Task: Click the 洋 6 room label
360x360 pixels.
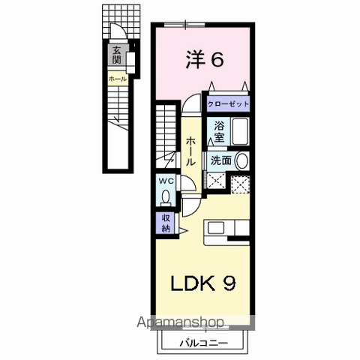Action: coord(204,60)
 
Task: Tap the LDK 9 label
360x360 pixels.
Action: coord(203,283)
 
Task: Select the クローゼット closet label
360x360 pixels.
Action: coord(228,104)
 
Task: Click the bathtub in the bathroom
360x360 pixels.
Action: coord(240,131)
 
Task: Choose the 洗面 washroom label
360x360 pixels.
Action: coord(220,160)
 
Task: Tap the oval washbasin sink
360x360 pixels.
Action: coord(241,160)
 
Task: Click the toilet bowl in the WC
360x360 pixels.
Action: coord(166,196)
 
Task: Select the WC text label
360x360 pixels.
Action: coord(166,181)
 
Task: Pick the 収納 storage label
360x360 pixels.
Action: coord(166,223)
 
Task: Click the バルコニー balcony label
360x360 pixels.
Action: coord(204,343)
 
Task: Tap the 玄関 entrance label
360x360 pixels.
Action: coord(116,55)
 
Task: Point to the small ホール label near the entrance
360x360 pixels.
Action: coord(118,79)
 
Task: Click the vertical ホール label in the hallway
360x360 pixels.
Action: coord(190,151)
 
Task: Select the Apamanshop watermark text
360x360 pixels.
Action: coord(180,322)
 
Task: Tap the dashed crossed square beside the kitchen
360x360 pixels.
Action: coord(240,184)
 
